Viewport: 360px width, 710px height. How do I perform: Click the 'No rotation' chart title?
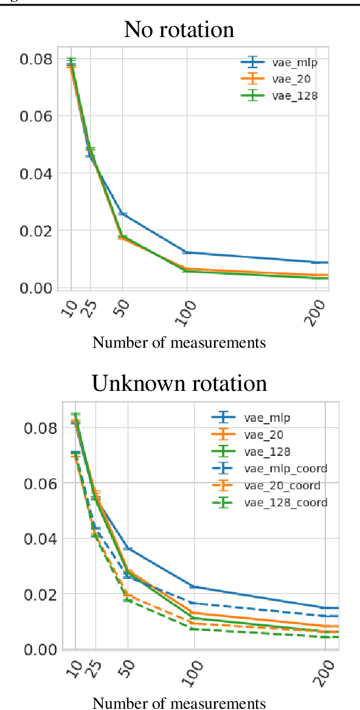pyautogui.click(x=179, y=29)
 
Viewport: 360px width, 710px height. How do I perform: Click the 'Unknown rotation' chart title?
pyautogui.click(x=179, y=383)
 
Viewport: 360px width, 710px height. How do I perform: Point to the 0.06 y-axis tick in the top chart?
pyautogui.click(x=37, y=115)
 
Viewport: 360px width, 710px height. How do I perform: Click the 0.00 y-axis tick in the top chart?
pyautogui.click(x=37, y=288)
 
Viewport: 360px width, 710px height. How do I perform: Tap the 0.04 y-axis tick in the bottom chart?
pyautogui.click(x=41, y=539)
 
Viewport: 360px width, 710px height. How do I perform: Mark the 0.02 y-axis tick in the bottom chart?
pyautogui.click(x=41, y=594)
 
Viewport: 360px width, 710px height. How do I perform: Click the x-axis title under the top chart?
pyautogui.click(x=179, y=343)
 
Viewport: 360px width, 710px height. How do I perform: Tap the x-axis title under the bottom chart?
pyautogui.click(x=179, y=703)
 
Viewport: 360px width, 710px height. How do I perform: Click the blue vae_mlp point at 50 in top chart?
pyautogui.click(x=122, y=214)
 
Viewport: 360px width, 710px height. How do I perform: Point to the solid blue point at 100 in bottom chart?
pyautogui.click(x=194, y=587)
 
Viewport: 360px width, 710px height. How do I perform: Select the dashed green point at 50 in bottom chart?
pyautogui.click(x=128, y=600)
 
